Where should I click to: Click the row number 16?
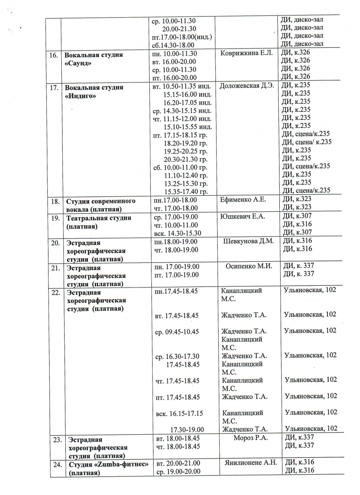54,55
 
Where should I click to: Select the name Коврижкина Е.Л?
246,53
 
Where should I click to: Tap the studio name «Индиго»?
81,96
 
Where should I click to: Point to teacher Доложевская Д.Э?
247,85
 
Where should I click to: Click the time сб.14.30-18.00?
173,45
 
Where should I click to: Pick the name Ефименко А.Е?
243,199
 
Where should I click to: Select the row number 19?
55,218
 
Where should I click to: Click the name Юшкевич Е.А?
242,216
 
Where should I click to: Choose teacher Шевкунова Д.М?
248,241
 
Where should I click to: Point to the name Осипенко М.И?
249,266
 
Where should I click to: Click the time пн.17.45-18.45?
176,291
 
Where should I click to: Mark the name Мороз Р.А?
250,438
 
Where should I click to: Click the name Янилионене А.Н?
250,463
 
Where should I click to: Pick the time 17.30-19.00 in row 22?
187,430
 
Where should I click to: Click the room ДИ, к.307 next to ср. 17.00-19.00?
297,216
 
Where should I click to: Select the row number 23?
57,440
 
